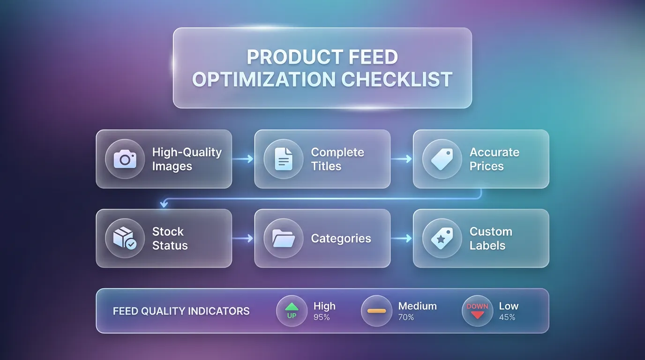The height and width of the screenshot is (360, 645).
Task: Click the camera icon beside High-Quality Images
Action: click(125, 159)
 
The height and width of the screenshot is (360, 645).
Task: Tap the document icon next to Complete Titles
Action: click(283, 159)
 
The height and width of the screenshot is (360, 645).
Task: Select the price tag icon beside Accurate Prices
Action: click(442, 159)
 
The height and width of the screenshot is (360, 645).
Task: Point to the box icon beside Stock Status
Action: click(125, 238)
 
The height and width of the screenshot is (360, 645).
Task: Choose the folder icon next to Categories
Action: click(283, 238)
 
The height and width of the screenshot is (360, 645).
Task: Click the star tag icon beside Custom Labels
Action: click(442, 238)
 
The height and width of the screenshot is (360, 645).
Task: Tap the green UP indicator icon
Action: click(292, 311)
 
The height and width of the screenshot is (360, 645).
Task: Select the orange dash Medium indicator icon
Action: click(376, 311)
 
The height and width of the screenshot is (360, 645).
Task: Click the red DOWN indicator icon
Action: click(477, 311)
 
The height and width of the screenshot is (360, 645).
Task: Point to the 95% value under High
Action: click(322, 317)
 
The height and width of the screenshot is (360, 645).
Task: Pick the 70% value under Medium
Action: click(406, 317)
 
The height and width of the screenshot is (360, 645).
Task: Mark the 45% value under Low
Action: click(507, 317)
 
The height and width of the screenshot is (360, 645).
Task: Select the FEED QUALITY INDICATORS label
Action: click(181, 311)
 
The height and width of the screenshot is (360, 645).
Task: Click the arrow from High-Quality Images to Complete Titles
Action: click(243, 159)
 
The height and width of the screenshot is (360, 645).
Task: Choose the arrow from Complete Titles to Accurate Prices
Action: click(401, 159)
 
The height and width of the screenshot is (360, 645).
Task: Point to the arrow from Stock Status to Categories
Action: click(243, 239)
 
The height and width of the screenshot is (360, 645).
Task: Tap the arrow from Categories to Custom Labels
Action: click(401, 239)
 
